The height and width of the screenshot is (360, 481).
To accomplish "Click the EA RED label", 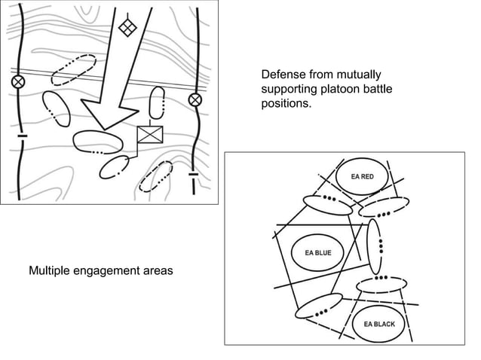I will pos(363,177).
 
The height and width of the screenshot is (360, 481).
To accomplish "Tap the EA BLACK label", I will pos(379,324).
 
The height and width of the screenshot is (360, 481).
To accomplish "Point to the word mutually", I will pos(359,75).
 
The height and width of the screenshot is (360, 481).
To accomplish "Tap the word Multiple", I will pos(51,270).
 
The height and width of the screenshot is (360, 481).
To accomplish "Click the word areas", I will pos(157,270).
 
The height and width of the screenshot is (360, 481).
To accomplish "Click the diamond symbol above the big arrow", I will pos(127,28).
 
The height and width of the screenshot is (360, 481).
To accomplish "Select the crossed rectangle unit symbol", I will pos(150,136).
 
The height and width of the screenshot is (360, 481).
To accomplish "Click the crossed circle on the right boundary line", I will pos(195,99).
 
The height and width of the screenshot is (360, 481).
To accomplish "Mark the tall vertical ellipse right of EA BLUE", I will pos(375,246).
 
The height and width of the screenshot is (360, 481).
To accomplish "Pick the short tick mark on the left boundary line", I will pos(21,136).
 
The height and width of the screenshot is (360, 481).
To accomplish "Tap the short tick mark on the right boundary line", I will pos(194,175).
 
